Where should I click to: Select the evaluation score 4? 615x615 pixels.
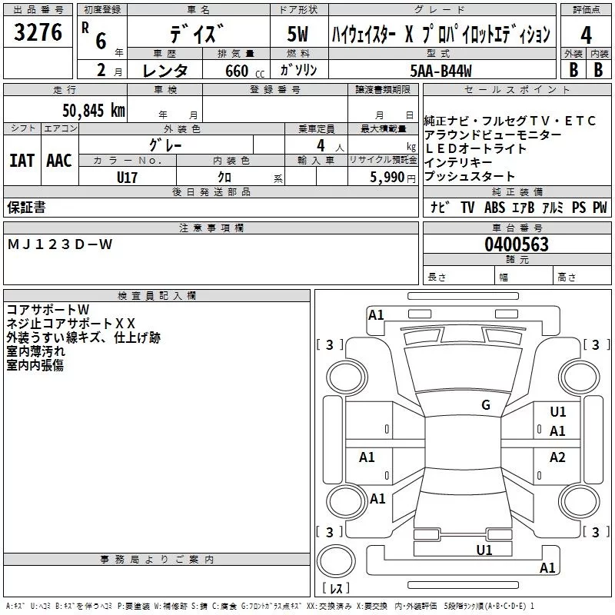pyautogui.click(x=586, y=35)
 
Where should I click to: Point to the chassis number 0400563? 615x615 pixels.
pyautogui.click(x=516, y=244)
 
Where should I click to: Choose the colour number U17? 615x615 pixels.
pyautogui.click(x=128, y=177)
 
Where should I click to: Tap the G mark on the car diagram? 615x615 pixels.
pyautogui.click(x=485, y=405)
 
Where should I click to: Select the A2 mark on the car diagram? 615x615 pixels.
pyautogui.click(x=557, y=457)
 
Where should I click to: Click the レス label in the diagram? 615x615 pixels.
pyautogui.click(x=335, y=590)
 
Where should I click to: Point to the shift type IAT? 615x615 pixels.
pyautogui.click(x=22, y=161)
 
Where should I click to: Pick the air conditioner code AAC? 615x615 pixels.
pyautogui.click(x=59, y=161)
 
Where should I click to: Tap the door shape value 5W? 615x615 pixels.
pyautogui.click(x=298, y=35)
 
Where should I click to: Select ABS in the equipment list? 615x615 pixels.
pyautogui.click(x=496, y=208)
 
